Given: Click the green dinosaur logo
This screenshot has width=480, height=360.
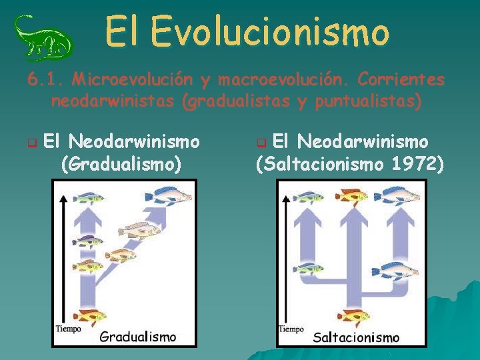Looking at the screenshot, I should click(x=43, y=37).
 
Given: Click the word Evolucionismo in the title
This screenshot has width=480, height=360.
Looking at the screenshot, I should click(x=269, y=31).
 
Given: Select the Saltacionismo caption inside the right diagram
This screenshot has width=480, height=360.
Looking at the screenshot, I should click(x=356, y=337).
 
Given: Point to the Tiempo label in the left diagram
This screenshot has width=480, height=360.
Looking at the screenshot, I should click(x=69, y=329).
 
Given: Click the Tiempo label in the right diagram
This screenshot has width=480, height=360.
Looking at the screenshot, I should click(x=291, y=329).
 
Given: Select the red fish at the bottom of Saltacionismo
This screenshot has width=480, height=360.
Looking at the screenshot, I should click(x=353, y=315).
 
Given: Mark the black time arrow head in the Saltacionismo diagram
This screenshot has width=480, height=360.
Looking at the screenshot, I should click(x=286, y=198).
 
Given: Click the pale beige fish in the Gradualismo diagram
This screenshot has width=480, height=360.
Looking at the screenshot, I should click(x=139, y=229).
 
